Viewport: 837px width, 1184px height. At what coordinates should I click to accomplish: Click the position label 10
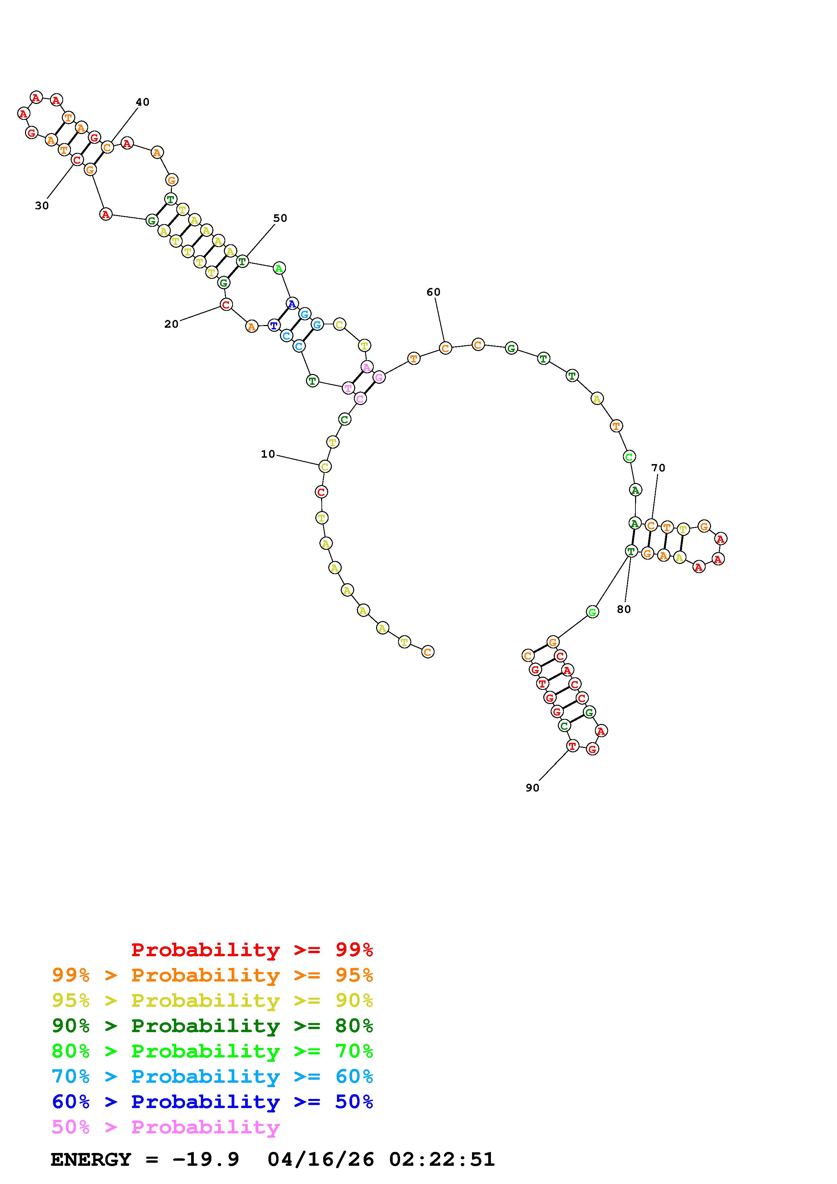268,454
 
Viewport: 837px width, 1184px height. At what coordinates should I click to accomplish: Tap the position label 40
142,102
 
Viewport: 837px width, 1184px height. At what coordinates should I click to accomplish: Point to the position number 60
433,292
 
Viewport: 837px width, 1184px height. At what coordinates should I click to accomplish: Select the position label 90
532,788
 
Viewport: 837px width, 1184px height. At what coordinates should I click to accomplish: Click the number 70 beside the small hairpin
658,468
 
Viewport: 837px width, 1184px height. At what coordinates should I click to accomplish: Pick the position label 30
42,206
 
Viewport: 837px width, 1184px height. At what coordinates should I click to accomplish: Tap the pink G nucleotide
379,377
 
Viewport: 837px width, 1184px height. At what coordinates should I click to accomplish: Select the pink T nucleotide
349,388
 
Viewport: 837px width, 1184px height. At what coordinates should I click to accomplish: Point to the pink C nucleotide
360,399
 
